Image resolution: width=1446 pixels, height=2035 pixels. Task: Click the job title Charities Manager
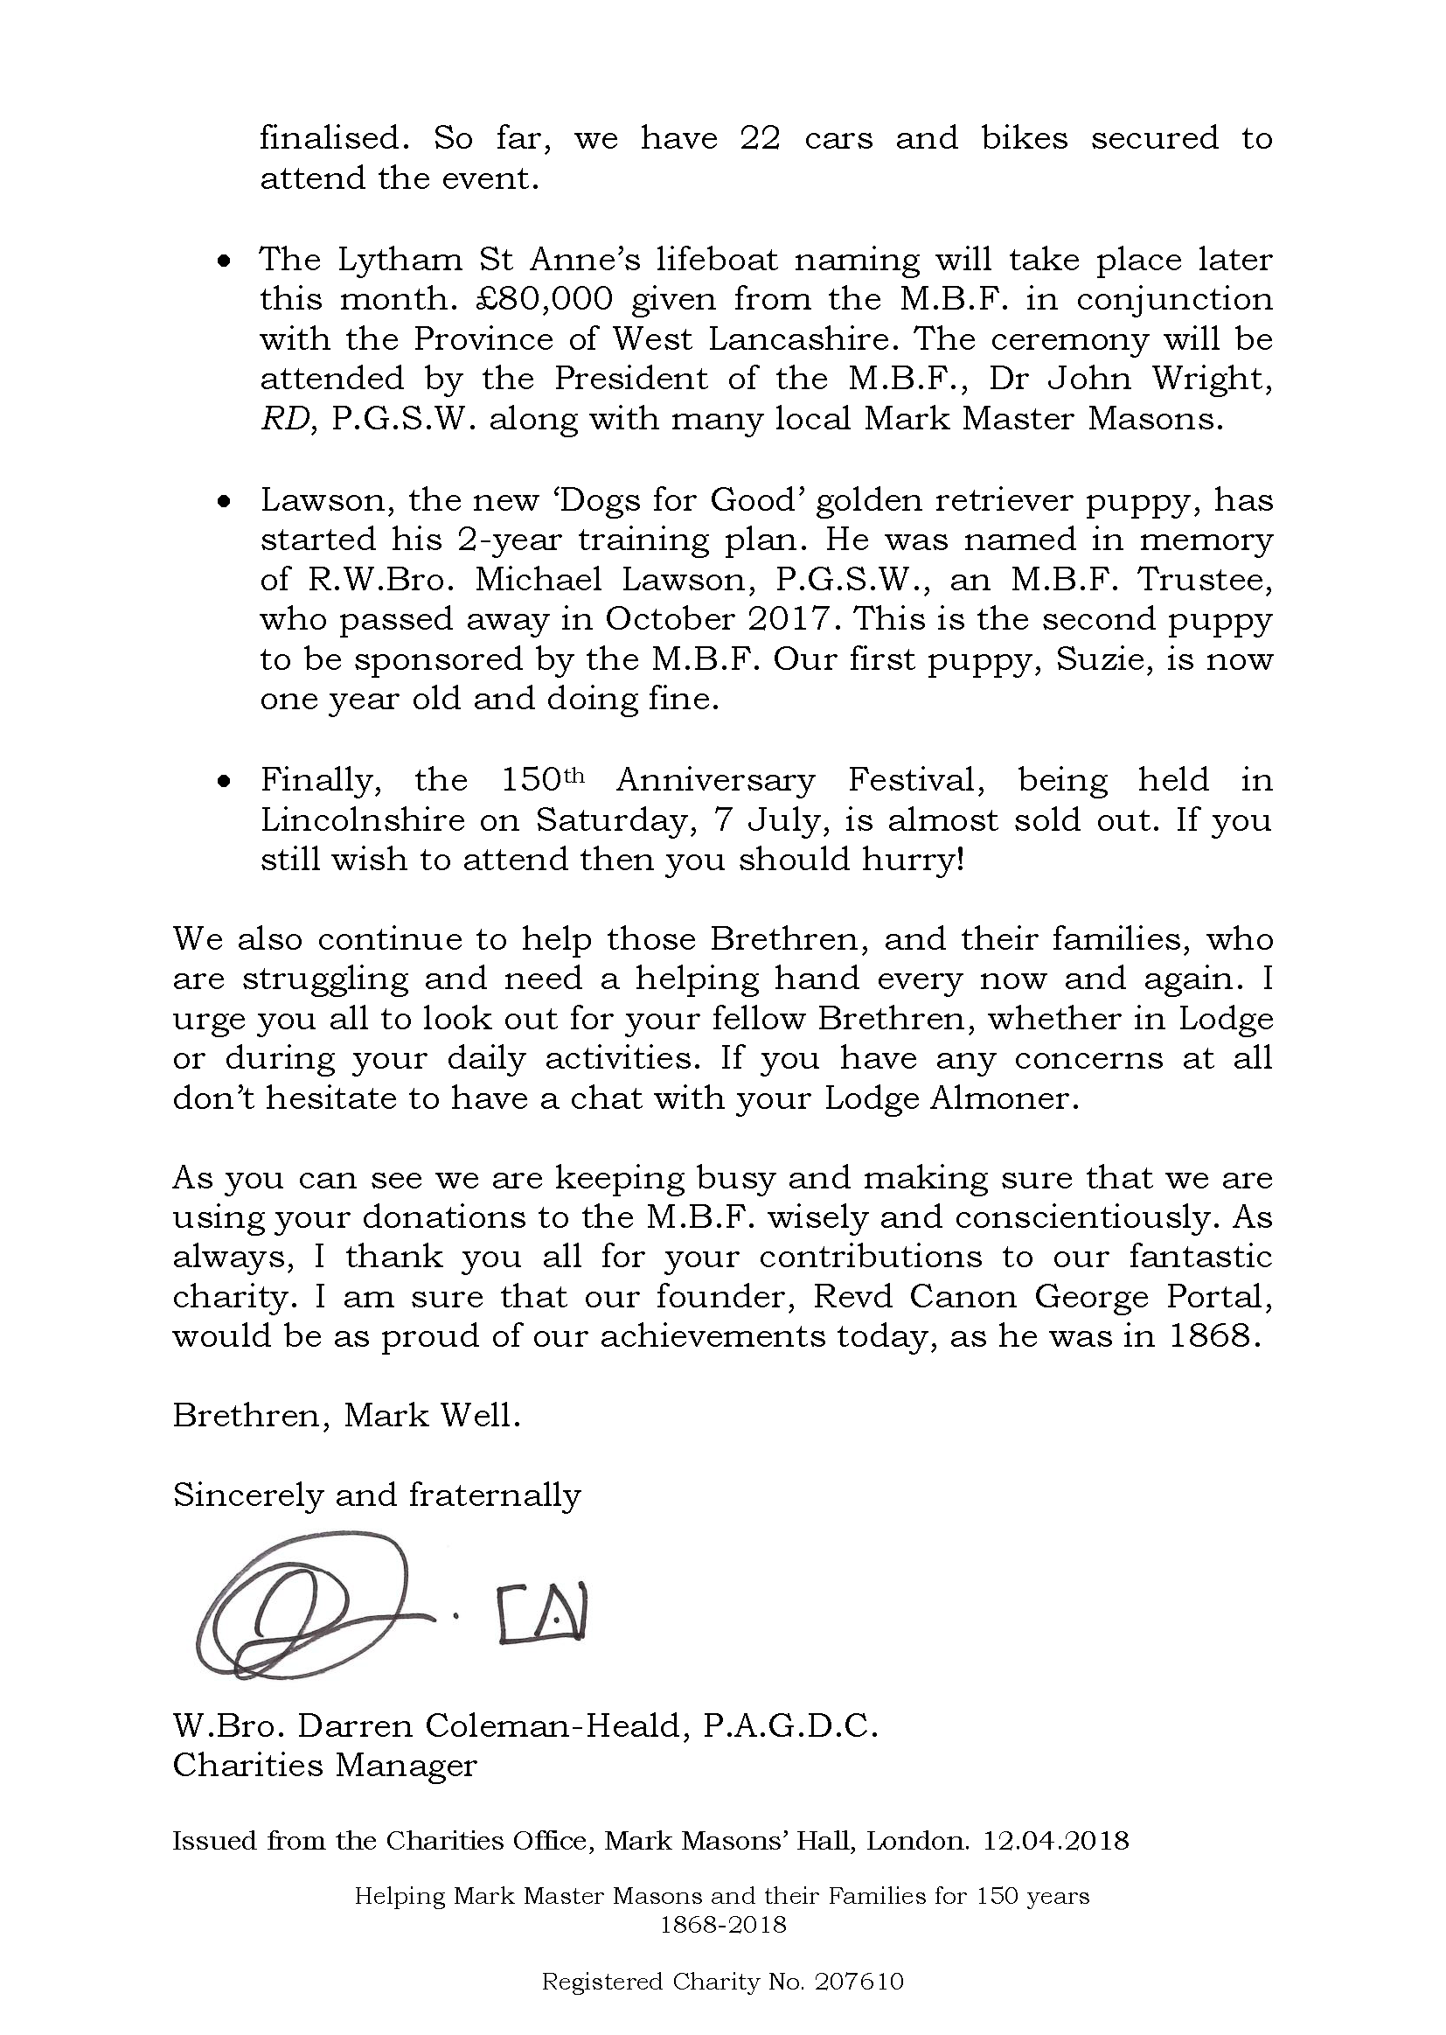click(325, 1765)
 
